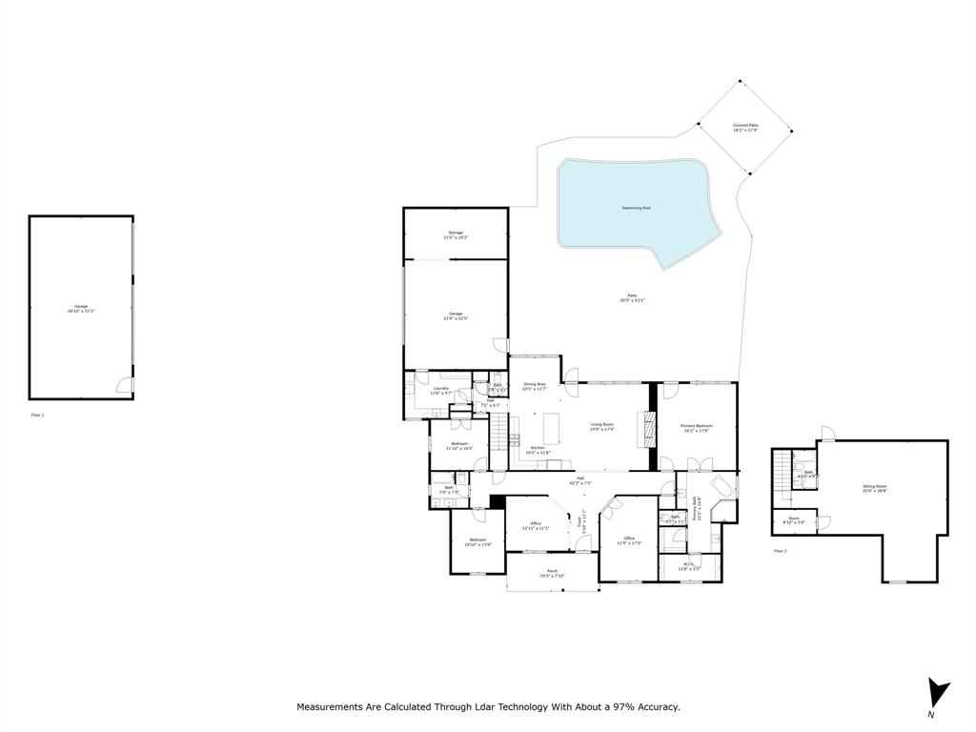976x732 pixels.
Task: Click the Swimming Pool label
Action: click(x=636, y=208)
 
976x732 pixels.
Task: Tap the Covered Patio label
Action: click(x=745, y=127)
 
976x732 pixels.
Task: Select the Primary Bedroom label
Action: click(x=696, y=428)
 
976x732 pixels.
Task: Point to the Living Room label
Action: click(x=601, y=427)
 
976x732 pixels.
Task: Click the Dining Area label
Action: click(x=534, y=386)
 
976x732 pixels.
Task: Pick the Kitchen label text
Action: click(x=538, y=448)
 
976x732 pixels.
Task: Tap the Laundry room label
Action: click(x=440, y=390)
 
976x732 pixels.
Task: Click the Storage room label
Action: click(x=456, y=234)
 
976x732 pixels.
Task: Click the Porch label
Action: click(x=552, y=574)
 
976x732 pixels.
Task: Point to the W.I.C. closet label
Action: click(x=690, y=566)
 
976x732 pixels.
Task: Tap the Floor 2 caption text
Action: click(x=780, y=551)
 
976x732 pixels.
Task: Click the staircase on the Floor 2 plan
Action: click(x=782, y=468)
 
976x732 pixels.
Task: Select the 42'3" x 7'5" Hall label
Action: click(x=579, y=481)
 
